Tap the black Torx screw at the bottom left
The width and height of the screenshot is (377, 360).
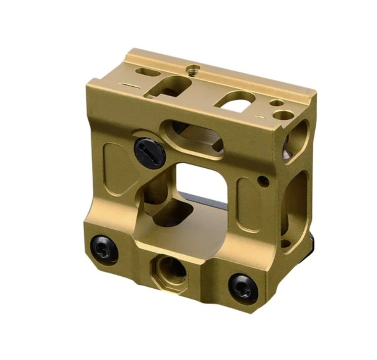[104, 249]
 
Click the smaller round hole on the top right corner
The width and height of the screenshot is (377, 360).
[276, 103]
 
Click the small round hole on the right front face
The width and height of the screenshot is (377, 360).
[262, 178]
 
